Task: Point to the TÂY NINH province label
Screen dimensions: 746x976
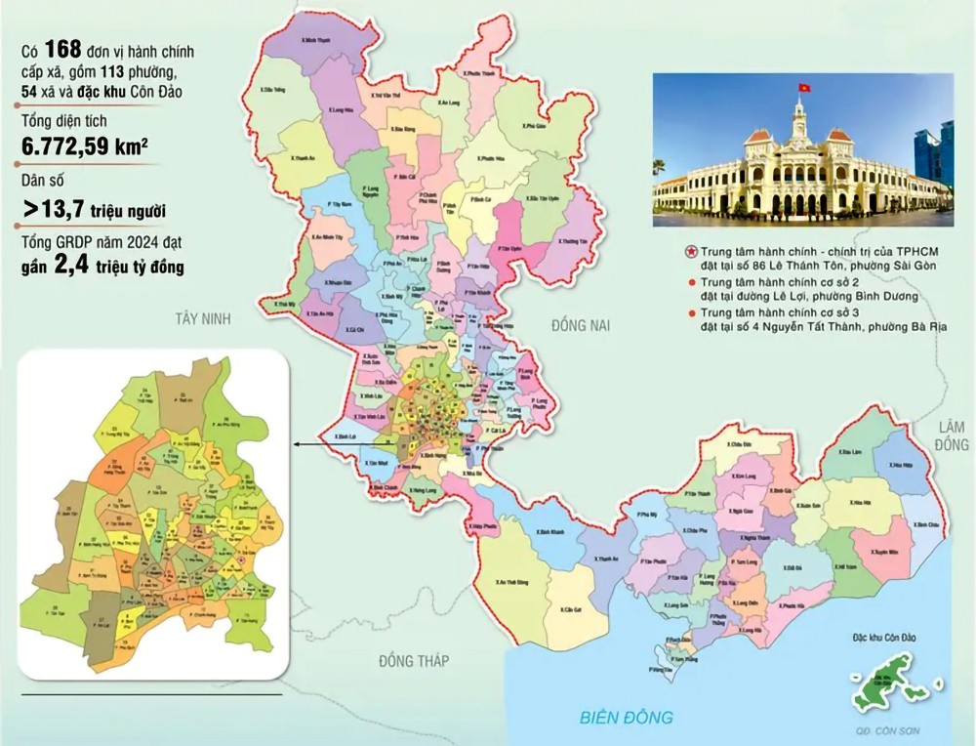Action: (x=206, y=318)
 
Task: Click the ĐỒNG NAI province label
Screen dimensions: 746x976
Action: (x=580, y=326)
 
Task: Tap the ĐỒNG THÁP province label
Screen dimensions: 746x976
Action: (x=414, y=661)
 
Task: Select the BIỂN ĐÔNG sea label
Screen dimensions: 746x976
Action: (x=626, y=718)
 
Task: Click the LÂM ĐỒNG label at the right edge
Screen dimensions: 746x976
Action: (x=953, y=435)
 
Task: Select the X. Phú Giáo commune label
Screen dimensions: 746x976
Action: (x=533, y=124)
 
